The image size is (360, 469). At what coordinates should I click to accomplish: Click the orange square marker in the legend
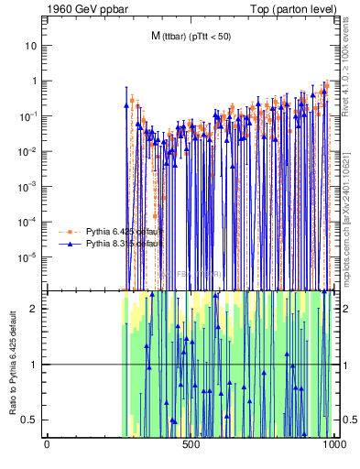pos(71,231)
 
